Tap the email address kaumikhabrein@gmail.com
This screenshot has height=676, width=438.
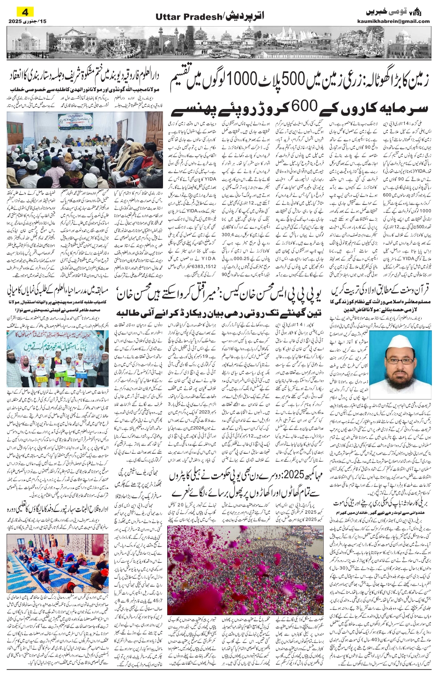coord(398,21)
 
